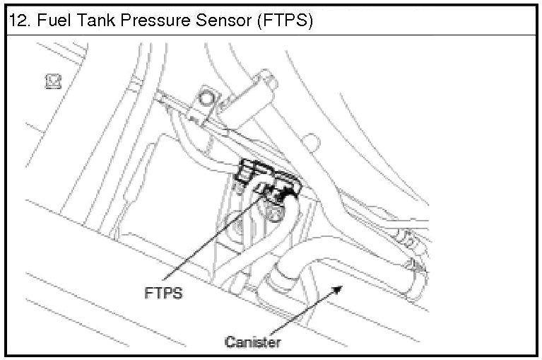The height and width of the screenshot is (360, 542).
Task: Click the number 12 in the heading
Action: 15,21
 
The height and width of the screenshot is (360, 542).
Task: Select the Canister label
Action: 253,342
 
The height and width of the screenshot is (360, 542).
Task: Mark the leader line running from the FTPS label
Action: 212,240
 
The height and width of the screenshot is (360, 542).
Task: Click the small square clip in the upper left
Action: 52,82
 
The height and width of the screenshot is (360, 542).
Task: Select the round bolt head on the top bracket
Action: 206,95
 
